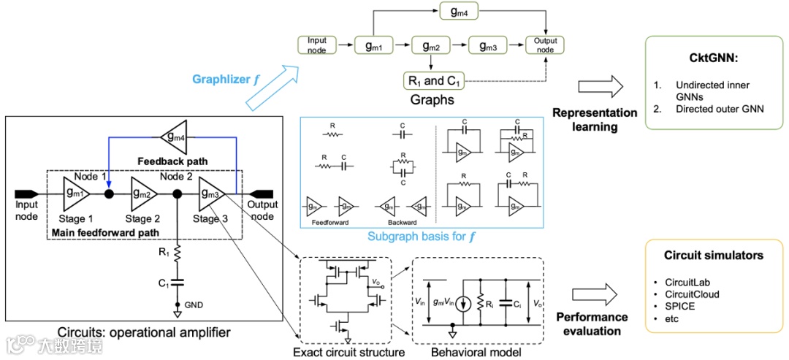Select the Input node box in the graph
point(316,45)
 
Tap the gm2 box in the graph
point(430,45)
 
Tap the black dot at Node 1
point(108,195)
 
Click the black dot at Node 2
point(178,195)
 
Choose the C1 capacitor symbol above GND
point(178,281)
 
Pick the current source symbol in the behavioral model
point(460,299)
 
